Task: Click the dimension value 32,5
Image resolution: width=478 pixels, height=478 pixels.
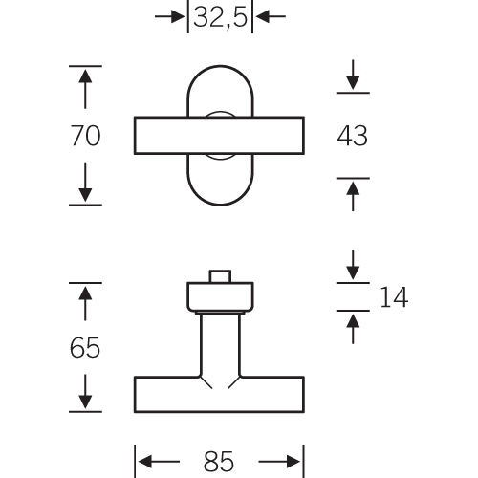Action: [220, 17]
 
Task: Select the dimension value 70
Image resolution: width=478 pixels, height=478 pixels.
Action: [85, 136]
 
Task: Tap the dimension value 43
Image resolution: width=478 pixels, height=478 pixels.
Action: [352, 136]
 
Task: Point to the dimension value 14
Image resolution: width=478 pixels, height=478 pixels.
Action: [394, 297]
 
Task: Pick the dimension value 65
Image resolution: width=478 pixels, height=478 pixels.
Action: [85, 347]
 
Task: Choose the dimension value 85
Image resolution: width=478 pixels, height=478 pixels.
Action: [219, 462]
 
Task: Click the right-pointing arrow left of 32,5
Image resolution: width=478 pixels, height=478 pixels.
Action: [170, 16]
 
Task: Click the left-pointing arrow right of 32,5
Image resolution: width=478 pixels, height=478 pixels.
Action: [271, 16]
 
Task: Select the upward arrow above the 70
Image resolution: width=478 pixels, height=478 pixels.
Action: [85, 89]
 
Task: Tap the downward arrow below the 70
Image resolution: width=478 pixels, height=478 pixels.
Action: [85, 182]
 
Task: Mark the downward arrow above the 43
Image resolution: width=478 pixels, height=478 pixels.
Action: [353, 75]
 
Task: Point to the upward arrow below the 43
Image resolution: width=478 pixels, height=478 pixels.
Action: [353, 196]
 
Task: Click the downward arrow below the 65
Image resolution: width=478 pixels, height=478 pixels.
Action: [85, 392]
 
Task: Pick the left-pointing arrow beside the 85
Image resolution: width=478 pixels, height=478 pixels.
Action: [159, 462]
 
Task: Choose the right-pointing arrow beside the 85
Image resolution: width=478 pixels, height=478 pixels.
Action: [279, 462]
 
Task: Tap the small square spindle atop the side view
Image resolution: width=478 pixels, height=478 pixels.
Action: [220, 276]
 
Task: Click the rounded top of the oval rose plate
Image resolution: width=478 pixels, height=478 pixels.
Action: [220, 66]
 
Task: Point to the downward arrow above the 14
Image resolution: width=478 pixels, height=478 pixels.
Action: [353, 265]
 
